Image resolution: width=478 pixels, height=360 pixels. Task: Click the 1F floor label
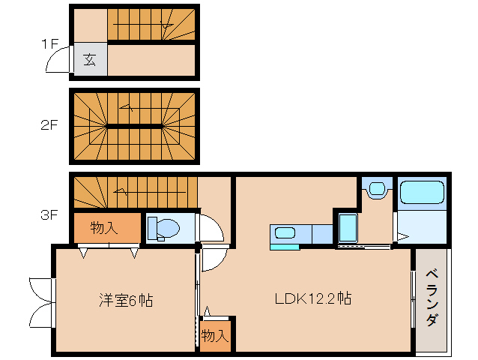click(49, 43)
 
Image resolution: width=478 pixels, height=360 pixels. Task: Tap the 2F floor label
click(49, 125)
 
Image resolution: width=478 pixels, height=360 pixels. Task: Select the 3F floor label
click(49, 215)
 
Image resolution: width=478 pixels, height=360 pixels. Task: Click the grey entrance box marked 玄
click(90, 60)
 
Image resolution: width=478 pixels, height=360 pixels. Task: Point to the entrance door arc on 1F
click(58, 64)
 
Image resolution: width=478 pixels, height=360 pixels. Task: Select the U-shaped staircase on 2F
click(135, 126)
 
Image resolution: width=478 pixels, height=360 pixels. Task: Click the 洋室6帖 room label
click(126, 300)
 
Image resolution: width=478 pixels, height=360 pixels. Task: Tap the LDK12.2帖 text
click(313, 298)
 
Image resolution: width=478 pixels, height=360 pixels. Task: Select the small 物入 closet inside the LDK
click(214, 335)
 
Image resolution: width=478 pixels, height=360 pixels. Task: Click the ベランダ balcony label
click(432, 298)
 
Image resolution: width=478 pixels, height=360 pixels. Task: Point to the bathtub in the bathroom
click(423, 192)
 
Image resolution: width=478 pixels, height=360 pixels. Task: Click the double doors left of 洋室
click(42, 301)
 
